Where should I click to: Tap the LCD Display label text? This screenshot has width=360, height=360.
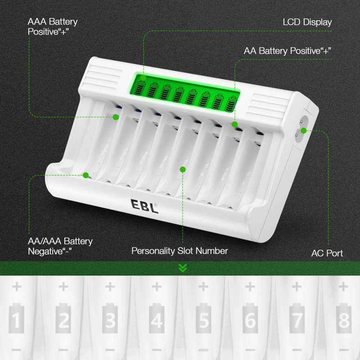coord(307,22)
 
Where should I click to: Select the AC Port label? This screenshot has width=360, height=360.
coord(327,253)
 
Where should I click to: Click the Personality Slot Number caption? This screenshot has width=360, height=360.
coord(180,251)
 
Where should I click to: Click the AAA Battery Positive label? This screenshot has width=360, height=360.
coord(53,26)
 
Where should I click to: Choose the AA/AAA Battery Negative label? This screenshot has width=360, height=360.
coord(60,246)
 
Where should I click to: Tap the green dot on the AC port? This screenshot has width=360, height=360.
coord(304,130)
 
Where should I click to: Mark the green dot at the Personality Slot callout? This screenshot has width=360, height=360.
coord(183,169)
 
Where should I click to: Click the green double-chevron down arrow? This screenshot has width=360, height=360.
coord(182,268)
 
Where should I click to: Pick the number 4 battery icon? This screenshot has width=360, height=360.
coord(157,320)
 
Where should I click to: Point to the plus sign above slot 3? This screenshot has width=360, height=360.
coord(110,286)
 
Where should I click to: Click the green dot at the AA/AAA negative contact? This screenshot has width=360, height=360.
coord(85,175)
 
